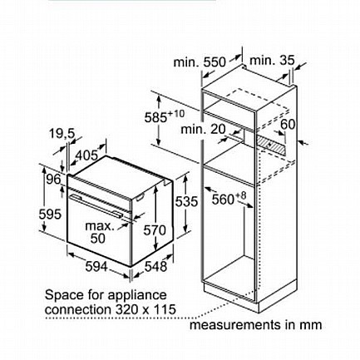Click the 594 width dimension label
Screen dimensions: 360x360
(96, 267)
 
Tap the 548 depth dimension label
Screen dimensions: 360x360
(155, 266)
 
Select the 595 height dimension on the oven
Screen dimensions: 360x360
(50, 215)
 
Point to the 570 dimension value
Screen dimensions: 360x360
(155, 230)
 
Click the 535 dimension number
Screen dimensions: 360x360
(186, 201)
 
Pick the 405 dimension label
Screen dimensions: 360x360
(86, 155)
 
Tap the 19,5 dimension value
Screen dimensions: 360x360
(62, 134)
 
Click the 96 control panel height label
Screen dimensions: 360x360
(53, 180)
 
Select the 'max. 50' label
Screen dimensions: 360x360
(100, 232)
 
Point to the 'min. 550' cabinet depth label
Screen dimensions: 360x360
(200, 62)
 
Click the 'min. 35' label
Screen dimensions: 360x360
(272, 60)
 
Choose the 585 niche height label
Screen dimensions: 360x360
(165, 116)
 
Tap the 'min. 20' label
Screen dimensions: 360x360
(203, 129)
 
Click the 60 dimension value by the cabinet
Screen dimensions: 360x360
(288, 124)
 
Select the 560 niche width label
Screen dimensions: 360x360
(229, 198)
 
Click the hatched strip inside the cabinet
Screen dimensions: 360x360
(272, 142)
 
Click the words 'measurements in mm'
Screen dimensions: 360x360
(255, 325)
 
